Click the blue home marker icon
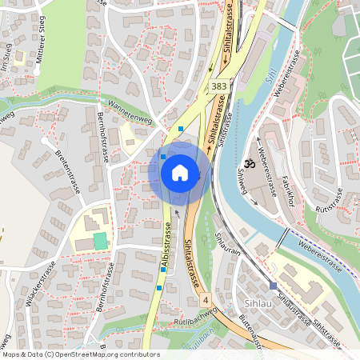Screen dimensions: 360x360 tap(179, 172)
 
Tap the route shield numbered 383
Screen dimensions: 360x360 tap(218, 85)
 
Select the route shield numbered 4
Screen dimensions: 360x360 tap(206, 299)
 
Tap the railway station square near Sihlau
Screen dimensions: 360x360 tap(273, 286)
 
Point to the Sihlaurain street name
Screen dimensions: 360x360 tap(229, 241)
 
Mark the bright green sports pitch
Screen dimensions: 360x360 tap(100, 241)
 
